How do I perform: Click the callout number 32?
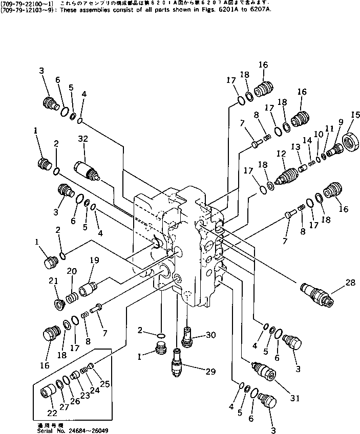83,139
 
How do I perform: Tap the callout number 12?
280,154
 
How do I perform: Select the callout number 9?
341,122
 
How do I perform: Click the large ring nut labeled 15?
350,139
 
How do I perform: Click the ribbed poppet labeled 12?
285,176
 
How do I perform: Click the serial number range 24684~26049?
94,430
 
